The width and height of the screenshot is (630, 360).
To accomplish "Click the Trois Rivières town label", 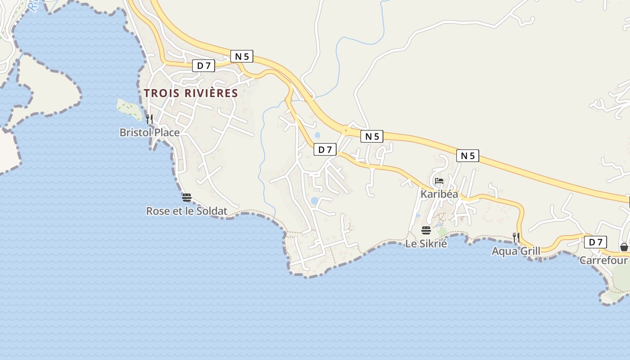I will pos(191,93).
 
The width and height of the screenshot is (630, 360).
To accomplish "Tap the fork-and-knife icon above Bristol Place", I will pos(149,119).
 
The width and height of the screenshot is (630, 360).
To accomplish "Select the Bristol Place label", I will pos(149,132).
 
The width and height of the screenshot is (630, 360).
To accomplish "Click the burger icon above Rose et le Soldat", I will pos(187,198).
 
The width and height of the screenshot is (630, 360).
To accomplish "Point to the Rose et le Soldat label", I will pos(187,211).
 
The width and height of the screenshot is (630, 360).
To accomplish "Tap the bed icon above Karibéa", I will pos(439,181).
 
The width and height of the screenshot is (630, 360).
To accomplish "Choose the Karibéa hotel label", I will pos(439,194).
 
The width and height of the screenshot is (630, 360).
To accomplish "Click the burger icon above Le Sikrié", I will pos(426,231).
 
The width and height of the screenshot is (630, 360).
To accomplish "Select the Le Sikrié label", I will pos(426,244).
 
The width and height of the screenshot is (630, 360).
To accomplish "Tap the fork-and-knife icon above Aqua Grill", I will pos(516,238).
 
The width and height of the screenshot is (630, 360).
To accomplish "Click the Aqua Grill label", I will pos(516,251).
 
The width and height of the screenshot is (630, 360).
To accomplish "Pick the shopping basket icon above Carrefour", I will pos(624,247).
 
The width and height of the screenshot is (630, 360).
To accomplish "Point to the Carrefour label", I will pos(603,260).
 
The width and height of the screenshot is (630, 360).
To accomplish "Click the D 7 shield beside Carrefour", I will pos(595,242).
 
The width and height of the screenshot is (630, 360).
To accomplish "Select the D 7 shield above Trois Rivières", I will pos(204,66).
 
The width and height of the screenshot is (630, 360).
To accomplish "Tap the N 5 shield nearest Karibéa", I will pos(468,156).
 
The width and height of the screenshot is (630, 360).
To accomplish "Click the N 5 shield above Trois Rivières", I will pos(242,56).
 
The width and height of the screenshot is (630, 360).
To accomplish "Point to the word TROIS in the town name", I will pos(161,93).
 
